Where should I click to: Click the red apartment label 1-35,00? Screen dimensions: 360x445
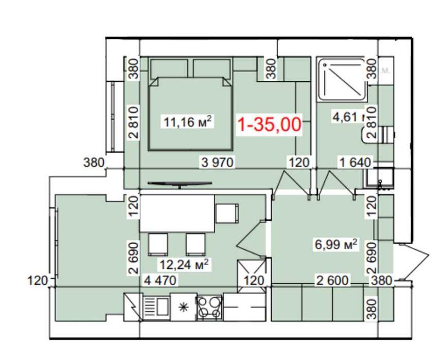[x=269, y=125]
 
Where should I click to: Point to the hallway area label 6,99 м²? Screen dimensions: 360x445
[x=336, y=245]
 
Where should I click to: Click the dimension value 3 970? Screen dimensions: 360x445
[x=218, y=163]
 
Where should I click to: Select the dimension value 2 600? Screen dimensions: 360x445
[x=332, y=280]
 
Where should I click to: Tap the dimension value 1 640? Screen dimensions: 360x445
[x=354, y=163]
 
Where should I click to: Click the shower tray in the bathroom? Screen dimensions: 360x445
[x=342, y=80]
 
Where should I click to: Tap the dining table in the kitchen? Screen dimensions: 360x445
[x=177, y=213]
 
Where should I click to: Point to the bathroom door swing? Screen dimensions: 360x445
[x=337, y=183]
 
